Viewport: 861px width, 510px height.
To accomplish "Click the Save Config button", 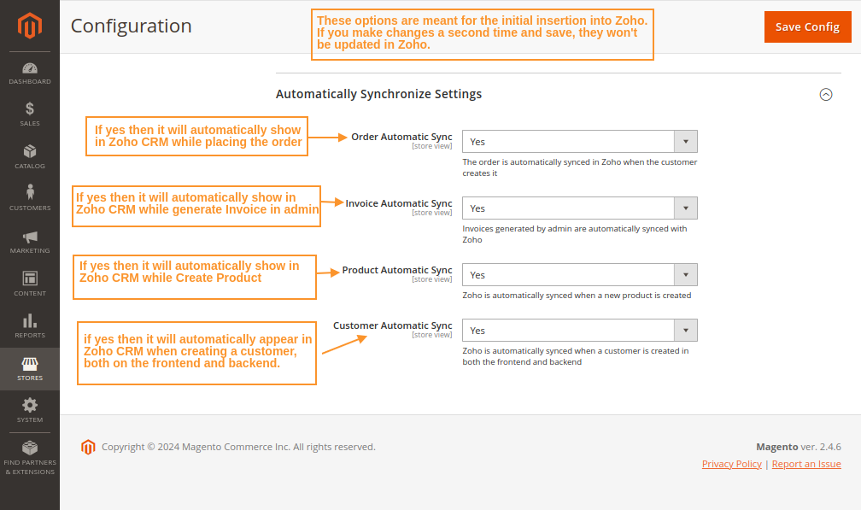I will (807, 26).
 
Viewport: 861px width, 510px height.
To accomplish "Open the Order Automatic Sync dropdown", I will (579, 142).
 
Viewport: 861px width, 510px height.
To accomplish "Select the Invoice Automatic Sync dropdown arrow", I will (686, 208).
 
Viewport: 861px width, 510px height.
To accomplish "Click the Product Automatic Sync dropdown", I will (579, 275).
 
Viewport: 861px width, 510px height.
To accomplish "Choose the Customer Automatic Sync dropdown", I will (579, 331).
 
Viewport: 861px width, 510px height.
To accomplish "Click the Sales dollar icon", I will (30, 109).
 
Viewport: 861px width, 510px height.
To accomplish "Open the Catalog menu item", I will (30, 156).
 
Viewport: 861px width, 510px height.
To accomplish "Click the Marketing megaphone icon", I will (30, 237).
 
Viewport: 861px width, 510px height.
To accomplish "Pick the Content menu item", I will (30, 283).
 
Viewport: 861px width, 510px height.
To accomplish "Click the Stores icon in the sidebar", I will (30, 365).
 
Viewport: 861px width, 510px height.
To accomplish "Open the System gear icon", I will (30, 406).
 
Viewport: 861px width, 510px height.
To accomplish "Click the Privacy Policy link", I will (731, 464).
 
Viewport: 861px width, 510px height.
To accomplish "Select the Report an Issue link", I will (806, 464).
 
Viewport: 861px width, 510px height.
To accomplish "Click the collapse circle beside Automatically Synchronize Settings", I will (826, 95).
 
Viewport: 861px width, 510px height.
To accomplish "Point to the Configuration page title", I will (131, 26).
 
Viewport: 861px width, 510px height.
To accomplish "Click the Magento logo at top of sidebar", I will (30, 26).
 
